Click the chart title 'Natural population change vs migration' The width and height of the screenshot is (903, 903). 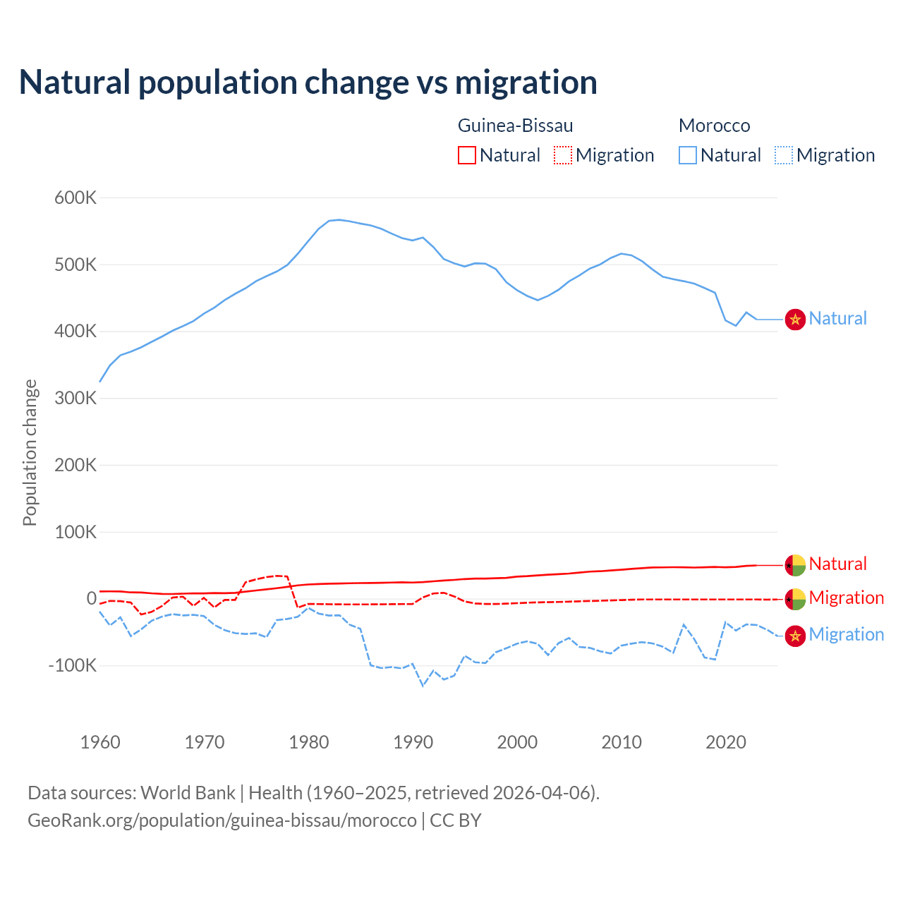tap(308, 82)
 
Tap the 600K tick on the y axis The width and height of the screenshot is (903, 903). tap(75, 198)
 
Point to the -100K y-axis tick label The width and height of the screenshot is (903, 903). tap(72, 665)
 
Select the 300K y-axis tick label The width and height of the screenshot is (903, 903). tap(75, 398)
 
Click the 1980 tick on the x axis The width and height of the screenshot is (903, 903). tap(309, 741)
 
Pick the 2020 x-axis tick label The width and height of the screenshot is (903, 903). tap(726, 741)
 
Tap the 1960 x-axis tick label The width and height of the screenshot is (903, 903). tap(100, 741)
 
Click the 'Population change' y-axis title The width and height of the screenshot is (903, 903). tap(30, 452)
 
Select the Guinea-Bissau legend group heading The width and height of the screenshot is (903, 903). tap(515, 126)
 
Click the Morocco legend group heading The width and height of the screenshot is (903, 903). tap(714, 126)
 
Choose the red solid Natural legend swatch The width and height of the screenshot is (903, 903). tap(467, 155)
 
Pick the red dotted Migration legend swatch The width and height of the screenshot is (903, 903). tap(563, 155)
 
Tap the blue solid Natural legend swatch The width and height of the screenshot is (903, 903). tap(688, 155)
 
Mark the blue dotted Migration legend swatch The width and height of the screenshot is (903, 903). tap(784, 155)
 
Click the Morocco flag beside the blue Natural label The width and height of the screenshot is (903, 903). tap(795, 320)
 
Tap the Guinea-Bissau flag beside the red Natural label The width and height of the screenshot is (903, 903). tap(795, 564)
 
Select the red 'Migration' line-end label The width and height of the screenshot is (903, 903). tap(846, 598)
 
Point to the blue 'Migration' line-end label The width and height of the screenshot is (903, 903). tap(846, 634)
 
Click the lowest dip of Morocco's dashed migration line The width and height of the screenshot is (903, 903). tap(423, 685)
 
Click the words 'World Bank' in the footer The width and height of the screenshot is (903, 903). tap(188, 793)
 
